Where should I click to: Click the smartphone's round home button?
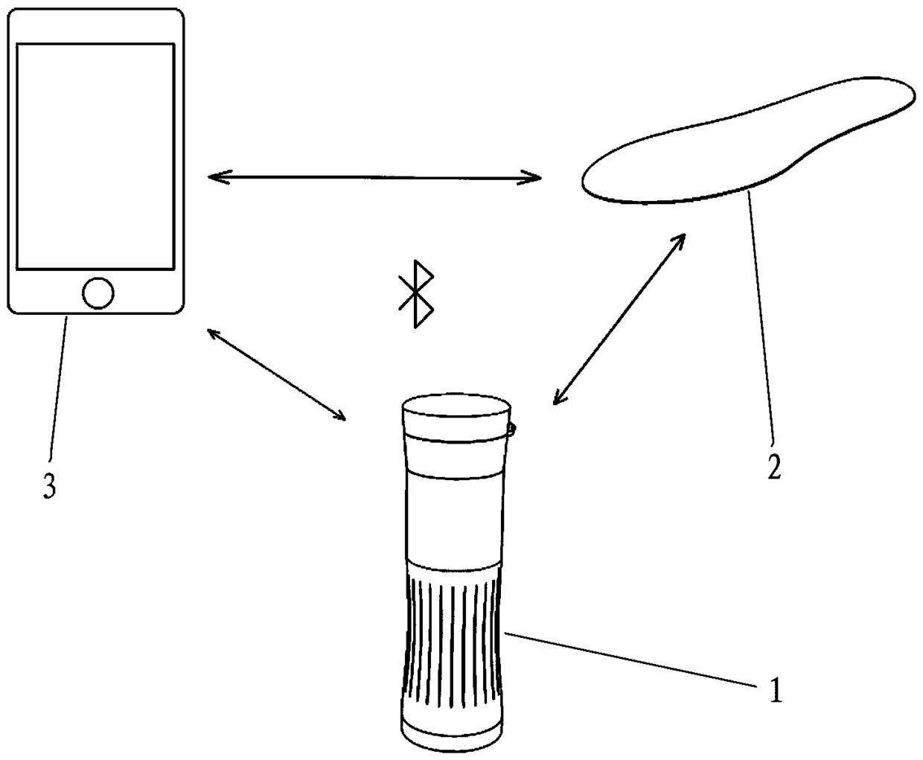(x=98, y=293)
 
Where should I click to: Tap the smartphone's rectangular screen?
(x=95, y=156)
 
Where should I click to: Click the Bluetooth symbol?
(x=416, y=294)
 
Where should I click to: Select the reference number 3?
(x=49, y=487)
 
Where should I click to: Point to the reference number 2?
(x=774, y=467)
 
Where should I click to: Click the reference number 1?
(x=776, y=691)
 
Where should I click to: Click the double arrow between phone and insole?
(x=374, y=177)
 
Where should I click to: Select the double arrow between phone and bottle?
(x=276, y=374)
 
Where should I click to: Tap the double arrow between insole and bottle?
(x=619, y=319)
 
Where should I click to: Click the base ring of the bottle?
(x=455, y=730)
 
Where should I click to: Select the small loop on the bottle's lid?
(x=513, y=428)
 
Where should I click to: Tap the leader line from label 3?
(x=58, y=387)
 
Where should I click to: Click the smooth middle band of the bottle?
(x=455, y=517)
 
